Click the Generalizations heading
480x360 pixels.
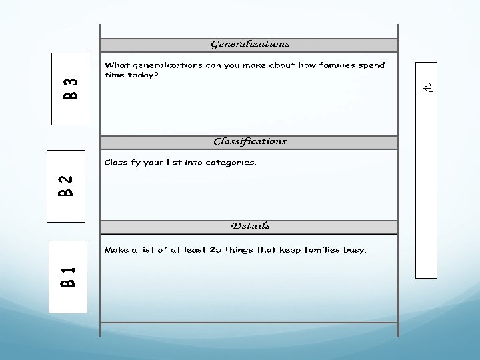tap(250, 44)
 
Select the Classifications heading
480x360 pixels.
tap(250, 141)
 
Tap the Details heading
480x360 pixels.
tap(250, 226)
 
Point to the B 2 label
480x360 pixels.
tap(65, 186)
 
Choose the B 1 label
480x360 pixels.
tap(67, 276)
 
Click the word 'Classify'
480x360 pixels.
tap(121, 163)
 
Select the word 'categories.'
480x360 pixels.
tap(231, 163)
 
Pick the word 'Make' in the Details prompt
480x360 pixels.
tap(116, 250)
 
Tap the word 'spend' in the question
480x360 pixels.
tap(371, 65)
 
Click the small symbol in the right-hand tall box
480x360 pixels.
tap(429, 87)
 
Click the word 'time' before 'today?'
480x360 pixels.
tap(114, 75)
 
